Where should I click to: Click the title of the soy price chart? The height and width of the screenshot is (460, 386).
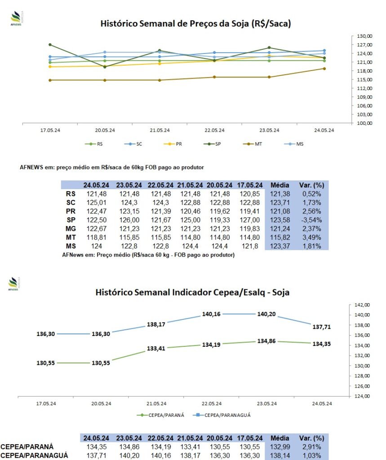click(195, 23)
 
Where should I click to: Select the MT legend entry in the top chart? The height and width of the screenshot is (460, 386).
click(253, 144)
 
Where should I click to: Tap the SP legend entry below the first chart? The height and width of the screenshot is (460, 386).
click(212, 144)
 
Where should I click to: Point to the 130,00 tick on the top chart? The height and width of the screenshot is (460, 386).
click(364, 36)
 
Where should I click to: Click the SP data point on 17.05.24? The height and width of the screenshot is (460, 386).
click(50, 44)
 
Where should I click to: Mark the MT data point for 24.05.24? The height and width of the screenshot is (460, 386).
click(324, 69)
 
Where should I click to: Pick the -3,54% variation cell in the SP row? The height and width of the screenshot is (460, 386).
click(312, 220)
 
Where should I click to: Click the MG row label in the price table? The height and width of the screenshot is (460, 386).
click(71, 229)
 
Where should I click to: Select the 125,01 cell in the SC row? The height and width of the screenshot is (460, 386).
click(96, 203)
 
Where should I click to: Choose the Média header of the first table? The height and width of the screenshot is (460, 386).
click(280, 185)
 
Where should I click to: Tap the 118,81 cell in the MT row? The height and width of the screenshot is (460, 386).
click(96, 237)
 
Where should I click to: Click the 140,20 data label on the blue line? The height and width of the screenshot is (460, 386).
click(266, 314)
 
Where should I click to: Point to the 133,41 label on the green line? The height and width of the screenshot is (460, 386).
click(156, 349)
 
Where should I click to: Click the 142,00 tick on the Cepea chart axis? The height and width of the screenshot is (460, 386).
click(362, 305)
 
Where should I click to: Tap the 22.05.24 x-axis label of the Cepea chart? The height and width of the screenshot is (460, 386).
click(212, 404)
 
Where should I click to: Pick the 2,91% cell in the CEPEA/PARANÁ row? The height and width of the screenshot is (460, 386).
click(312, 447)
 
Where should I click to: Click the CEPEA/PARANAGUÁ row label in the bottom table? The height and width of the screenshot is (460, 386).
click(34, 456)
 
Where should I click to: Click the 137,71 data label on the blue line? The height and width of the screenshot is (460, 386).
click(322, 327)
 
